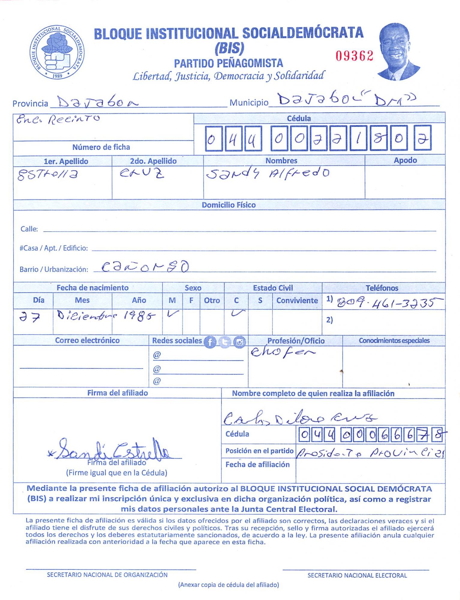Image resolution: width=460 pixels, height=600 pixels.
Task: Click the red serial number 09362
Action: point(354,56)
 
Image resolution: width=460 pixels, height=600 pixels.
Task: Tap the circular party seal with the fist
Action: point(57,52)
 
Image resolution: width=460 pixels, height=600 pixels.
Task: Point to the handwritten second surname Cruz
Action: point(142,173)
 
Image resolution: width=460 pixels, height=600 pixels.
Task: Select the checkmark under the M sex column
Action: point(173,314)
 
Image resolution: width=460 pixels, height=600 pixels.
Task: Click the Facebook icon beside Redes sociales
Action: point(210,342)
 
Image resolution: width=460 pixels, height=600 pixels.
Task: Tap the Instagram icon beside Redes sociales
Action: point(239,342)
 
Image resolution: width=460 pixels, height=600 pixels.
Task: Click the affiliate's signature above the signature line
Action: point(114,449)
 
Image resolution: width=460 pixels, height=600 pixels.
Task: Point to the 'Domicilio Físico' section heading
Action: point(229,205)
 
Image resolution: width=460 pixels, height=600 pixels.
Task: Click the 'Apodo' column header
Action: point(405,160)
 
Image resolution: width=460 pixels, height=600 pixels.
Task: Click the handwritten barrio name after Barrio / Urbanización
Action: point(145,266)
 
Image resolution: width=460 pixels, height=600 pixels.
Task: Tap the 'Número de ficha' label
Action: point(101,147)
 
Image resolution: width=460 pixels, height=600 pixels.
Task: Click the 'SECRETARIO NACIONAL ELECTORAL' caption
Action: point(357,575)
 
